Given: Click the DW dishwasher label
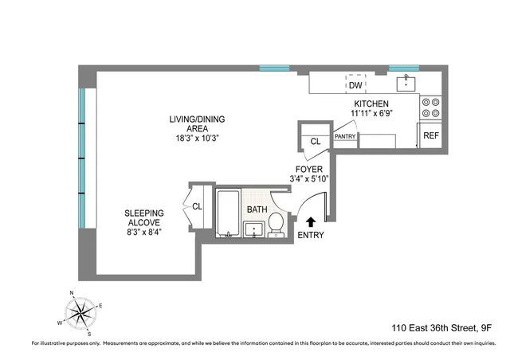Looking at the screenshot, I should click(355, 85).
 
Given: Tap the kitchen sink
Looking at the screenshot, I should click(408, 83).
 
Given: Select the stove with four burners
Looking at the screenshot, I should click(431, 108).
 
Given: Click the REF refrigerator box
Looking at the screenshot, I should click(430, 136).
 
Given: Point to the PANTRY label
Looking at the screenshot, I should click(345, 136).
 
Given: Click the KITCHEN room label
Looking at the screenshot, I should click(371, 104).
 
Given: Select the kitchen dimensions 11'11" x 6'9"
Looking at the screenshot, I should click(371, 115).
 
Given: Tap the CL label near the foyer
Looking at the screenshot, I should click(315, 142).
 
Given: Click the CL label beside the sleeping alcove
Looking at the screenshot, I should click(196, 206).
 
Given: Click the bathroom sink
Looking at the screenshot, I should click(253, 229).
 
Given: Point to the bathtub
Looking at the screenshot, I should click(228, 213).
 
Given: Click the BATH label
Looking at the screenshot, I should click(257, 209).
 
